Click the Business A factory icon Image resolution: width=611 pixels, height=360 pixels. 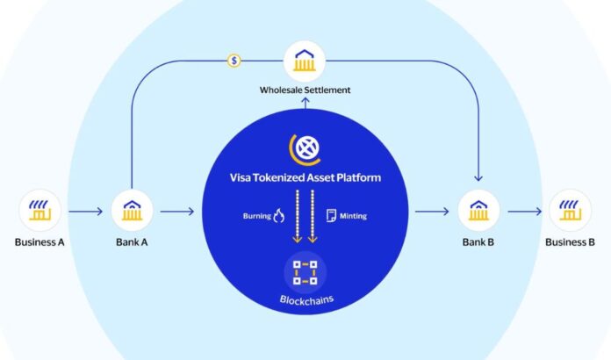[x=40, y=211]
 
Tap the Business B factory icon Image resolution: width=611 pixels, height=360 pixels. [x=571, y=211]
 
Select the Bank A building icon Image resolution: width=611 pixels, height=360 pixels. [x=133, y=211]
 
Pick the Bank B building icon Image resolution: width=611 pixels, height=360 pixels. [x=478, y=211]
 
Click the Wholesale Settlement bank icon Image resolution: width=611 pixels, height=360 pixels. [x=305, y=61]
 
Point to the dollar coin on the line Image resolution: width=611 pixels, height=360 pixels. [x=234, y=61]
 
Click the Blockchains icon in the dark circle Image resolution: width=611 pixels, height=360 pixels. [x=305, y=272]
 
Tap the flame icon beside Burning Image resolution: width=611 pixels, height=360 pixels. [x=279, y=215]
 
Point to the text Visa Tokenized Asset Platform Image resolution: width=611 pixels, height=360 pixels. [x=305, y=178]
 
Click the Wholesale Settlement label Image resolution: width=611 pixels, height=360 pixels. [x=305, y=90]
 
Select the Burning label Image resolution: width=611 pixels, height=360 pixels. [x=256, y=215]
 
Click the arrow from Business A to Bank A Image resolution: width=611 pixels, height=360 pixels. [x=86, y=211]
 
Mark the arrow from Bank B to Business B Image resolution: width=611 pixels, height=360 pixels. [x=524, y=211]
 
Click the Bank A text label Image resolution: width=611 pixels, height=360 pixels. [x=133, y=241]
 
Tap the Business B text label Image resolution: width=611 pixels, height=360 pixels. [x=571, y=241]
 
